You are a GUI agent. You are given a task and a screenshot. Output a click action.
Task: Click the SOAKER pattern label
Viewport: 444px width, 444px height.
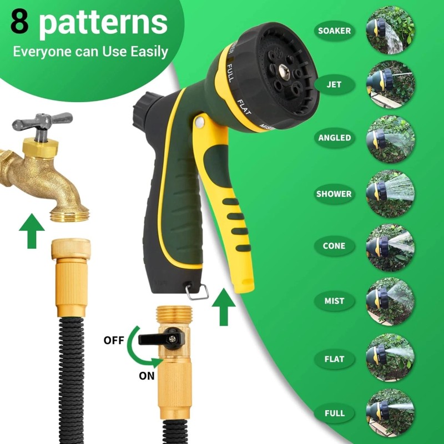point(334,31)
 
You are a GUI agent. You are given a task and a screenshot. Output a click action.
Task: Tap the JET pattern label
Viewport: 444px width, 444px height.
point(334,85)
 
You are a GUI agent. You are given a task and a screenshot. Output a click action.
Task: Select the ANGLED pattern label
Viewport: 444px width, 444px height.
point(334,138)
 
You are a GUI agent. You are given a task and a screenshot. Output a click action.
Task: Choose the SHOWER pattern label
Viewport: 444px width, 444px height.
point(334,194)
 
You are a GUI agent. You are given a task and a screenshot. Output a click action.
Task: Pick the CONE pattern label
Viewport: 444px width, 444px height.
point(334,246)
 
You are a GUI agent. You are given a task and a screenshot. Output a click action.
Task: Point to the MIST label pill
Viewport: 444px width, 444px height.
point(334,301)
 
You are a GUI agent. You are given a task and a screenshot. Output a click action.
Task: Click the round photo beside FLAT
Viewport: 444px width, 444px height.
point(390,356)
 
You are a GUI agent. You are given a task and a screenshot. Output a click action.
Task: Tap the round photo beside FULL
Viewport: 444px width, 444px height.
point(390,411)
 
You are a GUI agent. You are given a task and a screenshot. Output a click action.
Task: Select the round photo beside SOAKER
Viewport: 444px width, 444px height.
point(390,30)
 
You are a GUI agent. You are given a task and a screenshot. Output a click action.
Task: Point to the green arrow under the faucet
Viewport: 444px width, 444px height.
point(31,233)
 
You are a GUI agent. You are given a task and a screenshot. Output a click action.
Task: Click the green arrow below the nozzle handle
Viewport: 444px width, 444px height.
point(224,306)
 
